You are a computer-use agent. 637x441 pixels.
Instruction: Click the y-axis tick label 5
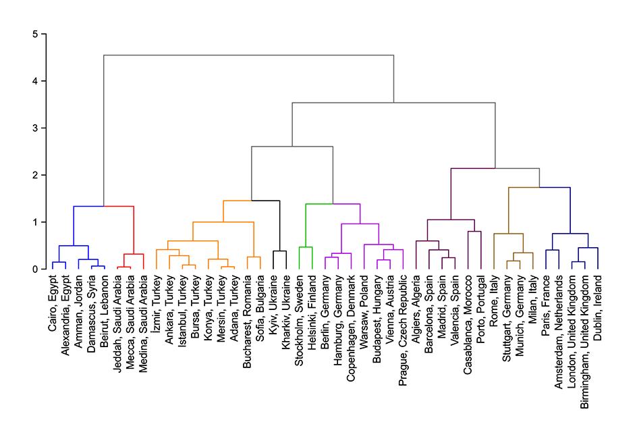(x=24, y=34)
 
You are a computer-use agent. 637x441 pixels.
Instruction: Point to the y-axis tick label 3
(x=24, y=128)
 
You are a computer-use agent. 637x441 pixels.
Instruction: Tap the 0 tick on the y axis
(x=24, y=269)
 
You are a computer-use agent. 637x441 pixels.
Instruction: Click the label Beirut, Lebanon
(x=105, y=307)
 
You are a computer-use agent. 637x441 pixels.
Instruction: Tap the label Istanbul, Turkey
(x=182, y=310)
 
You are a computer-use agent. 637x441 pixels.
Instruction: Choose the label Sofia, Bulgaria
(x=260, y=306)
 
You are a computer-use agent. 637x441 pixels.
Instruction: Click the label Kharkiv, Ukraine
(x=286, y=308)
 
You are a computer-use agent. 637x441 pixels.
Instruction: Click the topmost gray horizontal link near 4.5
(x=248, y=55)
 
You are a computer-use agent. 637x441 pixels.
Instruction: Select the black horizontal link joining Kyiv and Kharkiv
(x=279, y=251)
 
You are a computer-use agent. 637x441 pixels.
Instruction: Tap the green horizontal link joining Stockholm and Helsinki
(x=305, y=247)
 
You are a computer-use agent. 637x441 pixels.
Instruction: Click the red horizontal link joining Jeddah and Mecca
(x=124, y=267)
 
